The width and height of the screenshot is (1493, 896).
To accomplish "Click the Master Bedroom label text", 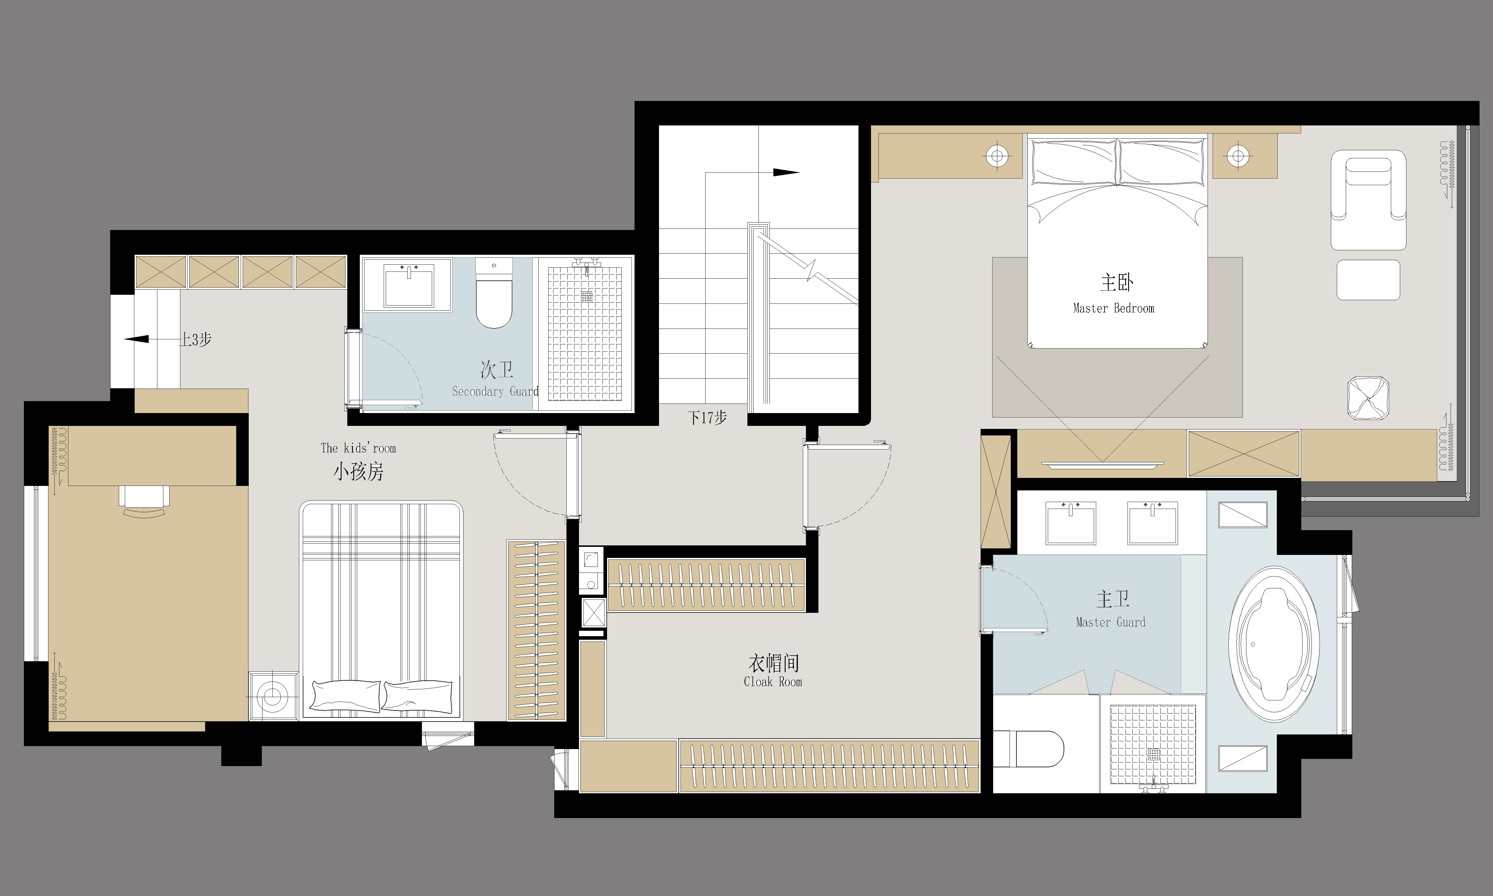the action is [x=1113, y=308].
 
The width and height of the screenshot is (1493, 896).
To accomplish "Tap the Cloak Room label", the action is [x=773, y=682].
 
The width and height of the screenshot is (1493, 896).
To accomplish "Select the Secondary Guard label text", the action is [x=495, y=391].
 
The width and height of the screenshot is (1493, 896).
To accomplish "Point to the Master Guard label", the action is [x=1110, y=622].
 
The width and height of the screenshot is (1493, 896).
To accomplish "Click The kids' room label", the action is [x=358, y=448].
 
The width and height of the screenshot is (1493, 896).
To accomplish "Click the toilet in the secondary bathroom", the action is [x=494, y=293].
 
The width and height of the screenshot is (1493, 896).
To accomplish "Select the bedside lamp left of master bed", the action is [x=998, y=157].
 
